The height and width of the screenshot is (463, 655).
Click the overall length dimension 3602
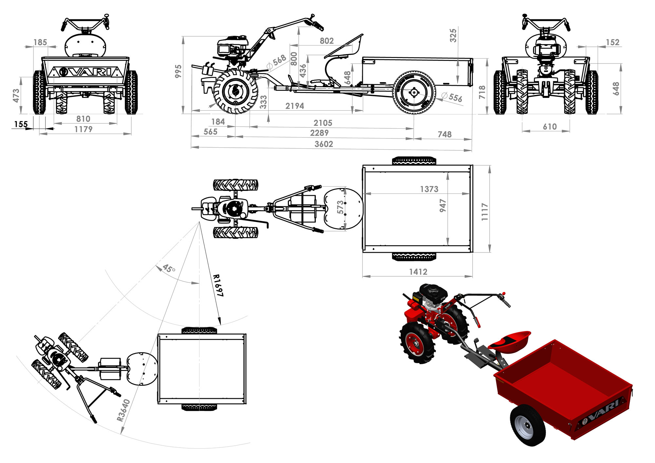(x=324, y=144)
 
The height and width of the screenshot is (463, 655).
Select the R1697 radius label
(x=218, y=286)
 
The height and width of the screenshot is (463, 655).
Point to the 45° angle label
(x=169, y=269)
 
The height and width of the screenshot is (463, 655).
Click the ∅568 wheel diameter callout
(x=276, y=62)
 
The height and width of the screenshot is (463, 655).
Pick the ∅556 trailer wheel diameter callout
(x=452, y=97)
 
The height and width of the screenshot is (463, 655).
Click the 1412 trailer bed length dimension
(x=418, y=272)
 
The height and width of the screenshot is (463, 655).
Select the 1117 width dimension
(x=485, y=212)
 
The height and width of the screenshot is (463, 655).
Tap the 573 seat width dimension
(x=341, y=207)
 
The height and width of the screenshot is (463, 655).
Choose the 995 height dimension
(x=178, y=71)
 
